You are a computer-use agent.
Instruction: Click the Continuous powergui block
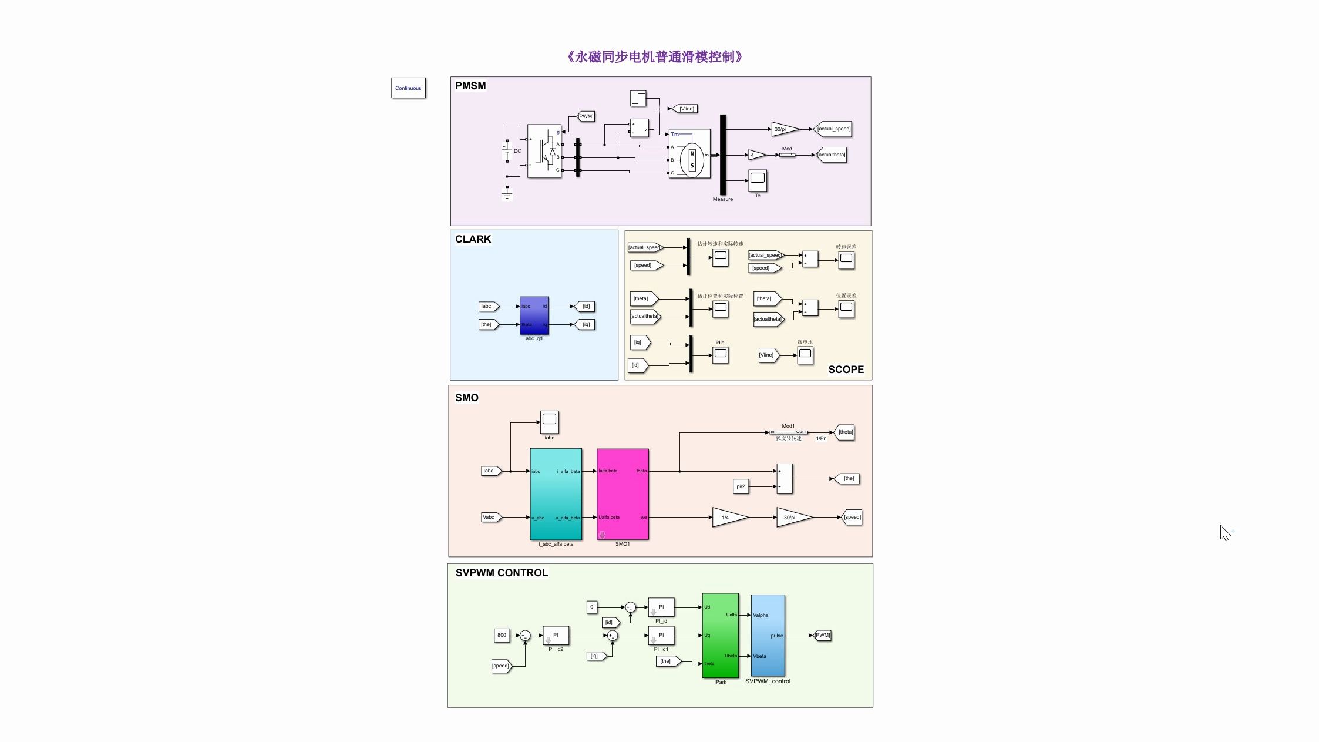click(408, 88)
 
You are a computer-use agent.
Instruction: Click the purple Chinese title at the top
click(655, 57)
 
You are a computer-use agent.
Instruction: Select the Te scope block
click(758, 180)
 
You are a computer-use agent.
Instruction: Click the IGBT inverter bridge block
click(544, 151)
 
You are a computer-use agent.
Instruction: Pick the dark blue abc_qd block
click(534, 315)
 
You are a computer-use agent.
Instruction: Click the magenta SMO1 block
click(623, 494)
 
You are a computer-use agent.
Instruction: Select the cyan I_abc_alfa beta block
click(556, 494)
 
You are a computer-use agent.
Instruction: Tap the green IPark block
click(720, 635)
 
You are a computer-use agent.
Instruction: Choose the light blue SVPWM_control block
click(768, 635)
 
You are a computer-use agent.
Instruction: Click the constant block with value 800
click(502, 635)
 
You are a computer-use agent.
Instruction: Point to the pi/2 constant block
click(741, 486)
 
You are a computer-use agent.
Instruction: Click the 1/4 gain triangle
click(728, 518)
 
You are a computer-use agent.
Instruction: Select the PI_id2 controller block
click(556, 636)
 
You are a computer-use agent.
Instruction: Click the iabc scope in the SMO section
click(549, 421)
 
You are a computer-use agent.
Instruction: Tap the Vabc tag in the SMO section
click(490, 518)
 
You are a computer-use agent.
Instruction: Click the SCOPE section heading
click(846, 370)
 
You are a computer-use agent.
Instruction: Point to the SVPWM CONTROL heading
click(502, 573)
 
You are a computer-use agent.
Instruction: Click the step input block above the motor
click(638, 98)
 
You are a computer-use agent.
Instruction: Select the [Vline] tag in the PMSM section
click(685, 109)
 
